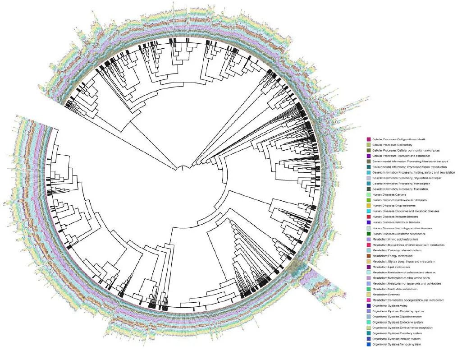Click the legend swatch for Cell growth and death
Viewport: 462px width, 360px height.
tap(369, 139)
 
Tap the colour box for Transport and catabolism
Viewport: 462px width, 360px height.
tap(369, 156)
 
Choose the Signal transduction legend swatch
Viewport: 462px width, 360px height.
tap(369, 167)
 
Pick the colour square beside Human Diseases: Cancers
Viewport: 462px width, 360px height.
tap(369, 194)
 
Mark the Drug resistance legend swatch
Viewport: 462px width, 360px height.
tap(369, 206)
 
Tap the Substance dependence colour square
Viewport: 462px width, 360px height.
tap(369, 234)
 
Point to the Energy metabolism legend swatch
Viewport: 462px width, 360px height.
tap(369, 256)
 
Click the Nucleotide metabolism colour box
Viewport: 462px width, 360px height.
tap(369, 289)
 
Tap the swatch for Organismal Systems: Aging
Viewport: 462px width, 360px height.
tap(369, 306)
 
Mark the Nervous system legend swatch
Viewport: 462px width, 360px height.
tap(369, 345)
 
